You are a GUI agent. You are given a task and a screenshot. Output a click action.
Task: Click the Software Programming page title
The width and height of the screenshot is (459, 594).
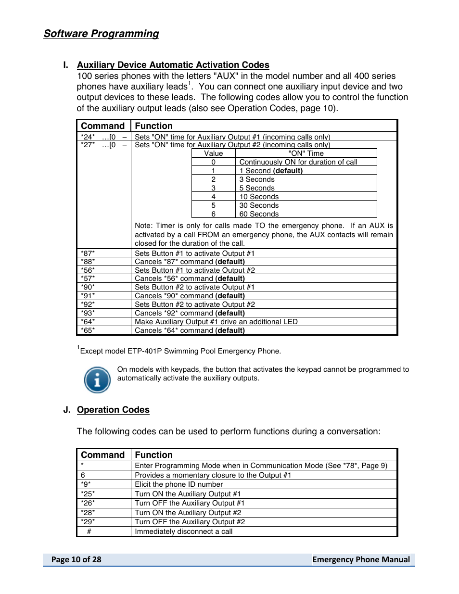(x=101, y=34)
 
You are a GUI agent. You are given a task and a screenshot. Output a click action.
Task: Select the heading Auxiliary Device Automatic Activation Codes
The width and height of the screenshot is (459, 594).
(x=173, y=65)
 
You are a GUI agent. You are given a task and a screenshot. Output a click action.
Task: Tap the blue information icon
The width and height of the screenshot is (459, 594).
(x=97, y=380)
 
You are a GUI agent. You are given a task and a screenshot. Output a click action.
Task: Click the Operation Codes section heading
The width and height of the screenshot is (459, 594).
(x=113, y=410)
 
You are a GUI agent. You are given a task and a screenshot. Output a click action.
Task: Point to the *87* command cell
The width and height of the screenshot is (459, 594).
(x=88, y=253)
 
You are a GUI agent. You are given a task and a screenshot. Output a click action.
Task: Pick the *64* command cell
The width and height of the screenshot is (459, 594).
(x=88, y=322)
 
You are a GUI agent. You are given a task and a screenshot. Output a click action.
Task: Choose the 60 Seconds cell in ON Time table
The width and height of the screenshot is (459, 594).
(x=259, y=214)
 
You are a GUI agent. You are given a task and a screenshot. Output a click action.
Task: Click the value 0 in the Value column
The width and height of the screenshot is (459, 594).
(x=213, y=162)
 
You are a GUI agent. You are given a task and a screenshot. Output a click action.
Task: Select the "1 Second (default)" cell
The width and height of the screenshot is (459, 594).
(x=271, y=171)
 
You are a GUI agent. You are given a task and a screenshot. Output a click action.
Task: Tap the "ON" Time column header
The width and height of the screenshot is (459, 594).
(x=306, y=153)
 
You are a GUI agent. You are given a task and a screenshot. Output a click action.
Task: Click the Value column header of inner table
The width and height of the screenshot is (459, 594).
(x=213, y=153)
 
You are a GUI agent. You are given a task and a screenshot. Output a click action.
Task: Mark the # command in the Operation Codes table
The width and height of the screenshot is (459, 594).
(x=89, y=531)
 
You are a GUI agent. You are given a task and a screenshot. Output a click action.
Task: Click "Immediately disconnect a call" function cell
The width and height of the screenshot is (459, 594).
(x=184, y=531)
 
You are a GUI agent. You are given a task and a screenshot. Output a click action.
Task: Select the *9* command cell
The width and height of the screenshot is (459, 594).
(x=86, y=484)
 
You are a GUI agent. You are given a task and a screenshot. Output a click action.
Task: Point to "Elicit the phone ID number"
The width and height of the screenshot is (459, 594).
(x=179, y=484)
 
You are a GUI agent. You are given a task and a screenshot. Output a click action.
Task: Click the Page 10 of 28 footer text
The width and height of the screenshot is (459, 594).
(x=76, y=559)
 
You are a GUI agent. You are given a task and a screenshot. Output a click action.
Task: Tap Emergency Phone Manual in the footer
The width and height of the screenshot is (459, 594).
(x=361, y=559)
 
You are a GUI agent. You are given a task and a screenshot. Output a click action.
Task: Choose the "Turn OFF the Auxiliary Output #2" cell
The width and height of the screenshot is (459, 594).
(x=190, y=522)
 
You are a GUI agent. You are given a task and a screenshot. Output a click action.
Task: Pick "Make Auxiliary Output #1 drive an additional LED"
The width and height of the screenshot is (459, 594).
(x=216, y=322)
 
